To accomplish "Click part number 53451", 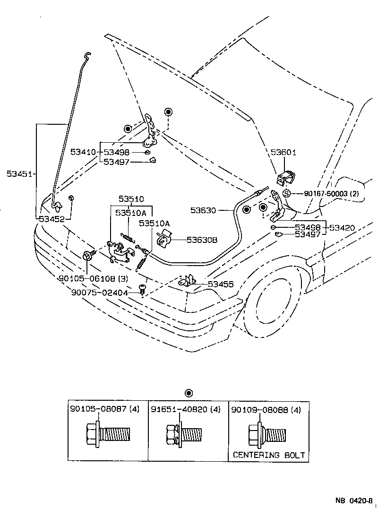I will tap(19, 174).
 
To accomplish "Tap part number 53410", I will tap(83, 152).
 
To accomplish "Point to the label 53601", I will tap(283, 153).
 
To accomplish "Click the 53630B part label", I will tap(202, 240).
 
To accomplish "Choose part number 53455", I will tap(221, 284).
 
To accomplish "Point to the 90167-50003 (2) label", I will tap(331, 193).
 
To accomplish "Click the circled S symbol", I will tap(286, 193).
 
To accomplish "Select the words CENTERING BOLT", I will tap(269, 456).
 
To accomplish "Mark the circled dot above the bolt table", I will tap(189, 393).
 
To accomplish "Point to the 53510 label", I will tap(131, 199).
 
